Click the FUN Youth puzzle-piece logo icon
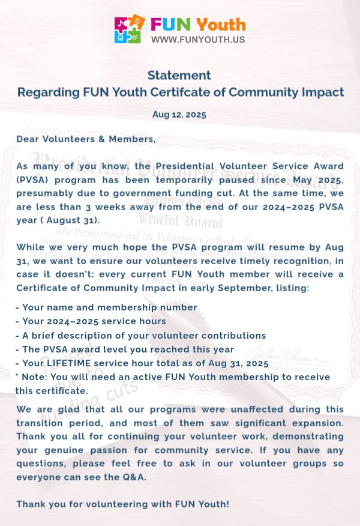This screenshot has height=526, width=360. coord(130,29)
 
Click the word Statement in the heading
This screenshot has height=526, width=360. coord(179,75)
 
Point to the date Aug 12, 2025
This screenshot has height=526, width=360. coord(179,114)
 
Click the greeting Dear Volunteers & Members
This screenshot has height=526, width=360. coord(86,139)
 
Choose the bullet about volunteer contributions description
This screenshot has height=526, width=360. coord(140,335)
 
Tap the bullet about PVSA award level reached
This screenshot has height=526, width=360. coord(124,349)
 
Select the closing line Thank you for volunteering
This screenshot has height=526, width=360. coord(122,504)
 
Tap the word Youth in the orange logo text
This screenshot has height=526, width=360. coord(221,24)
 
